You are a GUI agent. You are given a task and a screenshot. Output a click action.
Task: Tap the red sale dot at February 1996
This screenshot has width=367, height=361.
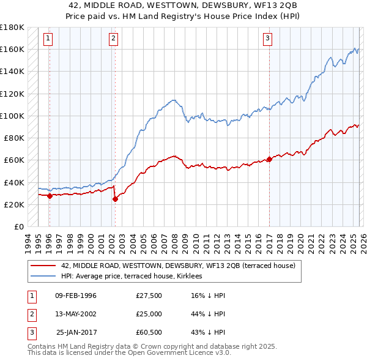pos(50,196)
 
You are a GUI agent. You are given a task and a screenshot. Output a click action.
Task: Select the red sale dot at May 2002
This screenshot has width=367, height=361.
pos(115,199)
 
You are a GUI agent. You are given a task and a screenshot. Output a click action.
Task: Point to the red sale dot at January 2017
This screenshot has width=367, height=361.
pos(269,159)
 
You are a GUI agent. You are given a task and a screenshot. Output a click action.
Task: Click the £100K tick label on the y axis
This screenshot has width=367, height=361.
pos(12,116)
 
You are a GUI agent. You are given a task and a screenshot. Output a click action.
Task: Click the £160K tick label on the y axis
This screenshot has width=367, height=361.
pos(12,49)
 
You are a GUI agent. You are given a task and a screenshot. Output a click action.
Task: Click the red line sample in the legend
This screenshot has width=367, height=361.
pos(44,266)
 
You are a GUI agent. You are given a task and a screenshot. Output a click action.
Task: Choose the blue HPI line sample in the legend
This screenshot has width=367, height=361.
pos(44,276)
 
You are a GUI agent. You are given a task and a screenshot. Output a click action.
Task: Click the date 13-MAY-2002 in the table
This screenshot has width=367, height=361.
pos(76,313)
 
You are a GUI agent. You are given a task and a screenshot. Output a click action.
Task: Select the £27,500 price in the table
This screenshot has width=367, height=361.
pos(149,296)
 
